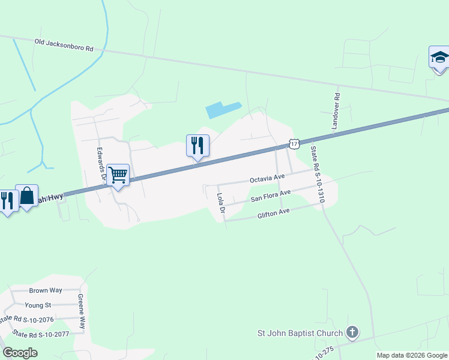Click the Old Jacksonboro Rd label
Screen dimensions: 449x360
(64, 44)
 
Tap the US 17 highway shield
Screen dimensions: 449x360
(294, 143)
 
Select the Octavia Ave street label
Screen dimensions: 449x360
(267, 179)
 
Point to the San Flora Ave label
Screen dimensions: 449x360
(270, 195)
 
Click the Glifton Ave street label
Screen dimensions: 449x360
(273, 212)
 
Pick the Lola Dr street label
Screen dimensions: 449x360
(220, 203)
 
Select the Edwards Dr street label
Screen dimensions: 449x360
(101, 165)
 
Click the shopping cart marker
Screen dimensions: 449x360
(119, 175)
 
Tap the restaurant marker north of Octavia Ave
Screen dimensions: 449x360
(197, 145)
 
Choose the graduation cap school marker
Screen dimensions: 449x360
(439, 58)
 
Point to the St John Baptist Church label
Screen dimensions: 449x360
(300, 333)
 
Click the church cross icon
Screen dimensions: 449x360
(352, 332)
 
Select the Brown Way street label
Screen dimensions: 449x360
(46, 290)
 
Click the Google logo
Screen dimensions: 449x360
(20, 353)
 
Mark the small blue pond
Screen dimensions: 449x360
(223, 109)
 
